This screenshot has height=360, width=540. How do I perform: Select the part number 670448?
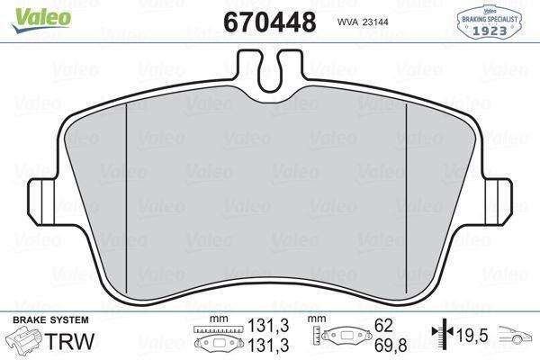pos(270,22)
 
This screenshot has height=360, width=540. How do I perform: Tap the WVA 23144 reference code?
pos(363,22)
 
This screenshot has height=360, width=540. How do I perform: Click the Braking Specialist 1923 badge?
pos(489,22)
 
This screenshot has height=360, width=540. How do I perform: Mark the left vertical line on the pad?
pos(127,198)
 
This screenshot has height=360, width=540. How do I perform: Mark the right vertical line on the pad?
pos(407,198)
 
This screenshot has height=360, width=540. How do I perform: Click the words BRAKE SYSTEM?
pos(50,320)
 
